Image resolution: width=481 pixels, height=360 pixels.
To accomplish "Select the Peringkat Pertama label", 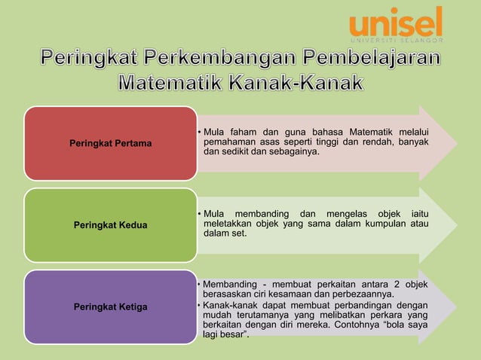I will pos(110,142).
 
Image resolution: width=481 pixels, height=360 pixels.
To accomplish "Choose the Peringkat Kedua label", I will pos(110,224).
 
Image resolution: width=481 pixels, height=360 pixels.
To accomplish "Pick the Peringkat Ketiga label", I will pos(110,307).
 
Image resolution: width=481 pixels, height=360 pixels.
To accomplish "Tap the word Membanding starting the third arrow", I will pos(230,283).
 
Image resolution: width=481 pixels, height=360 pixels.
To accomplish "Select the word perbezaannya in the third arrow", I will pos(352,293).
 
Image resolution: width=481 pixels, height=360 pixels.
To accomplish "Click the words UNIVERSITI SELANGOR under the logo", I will pos(395,40).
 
